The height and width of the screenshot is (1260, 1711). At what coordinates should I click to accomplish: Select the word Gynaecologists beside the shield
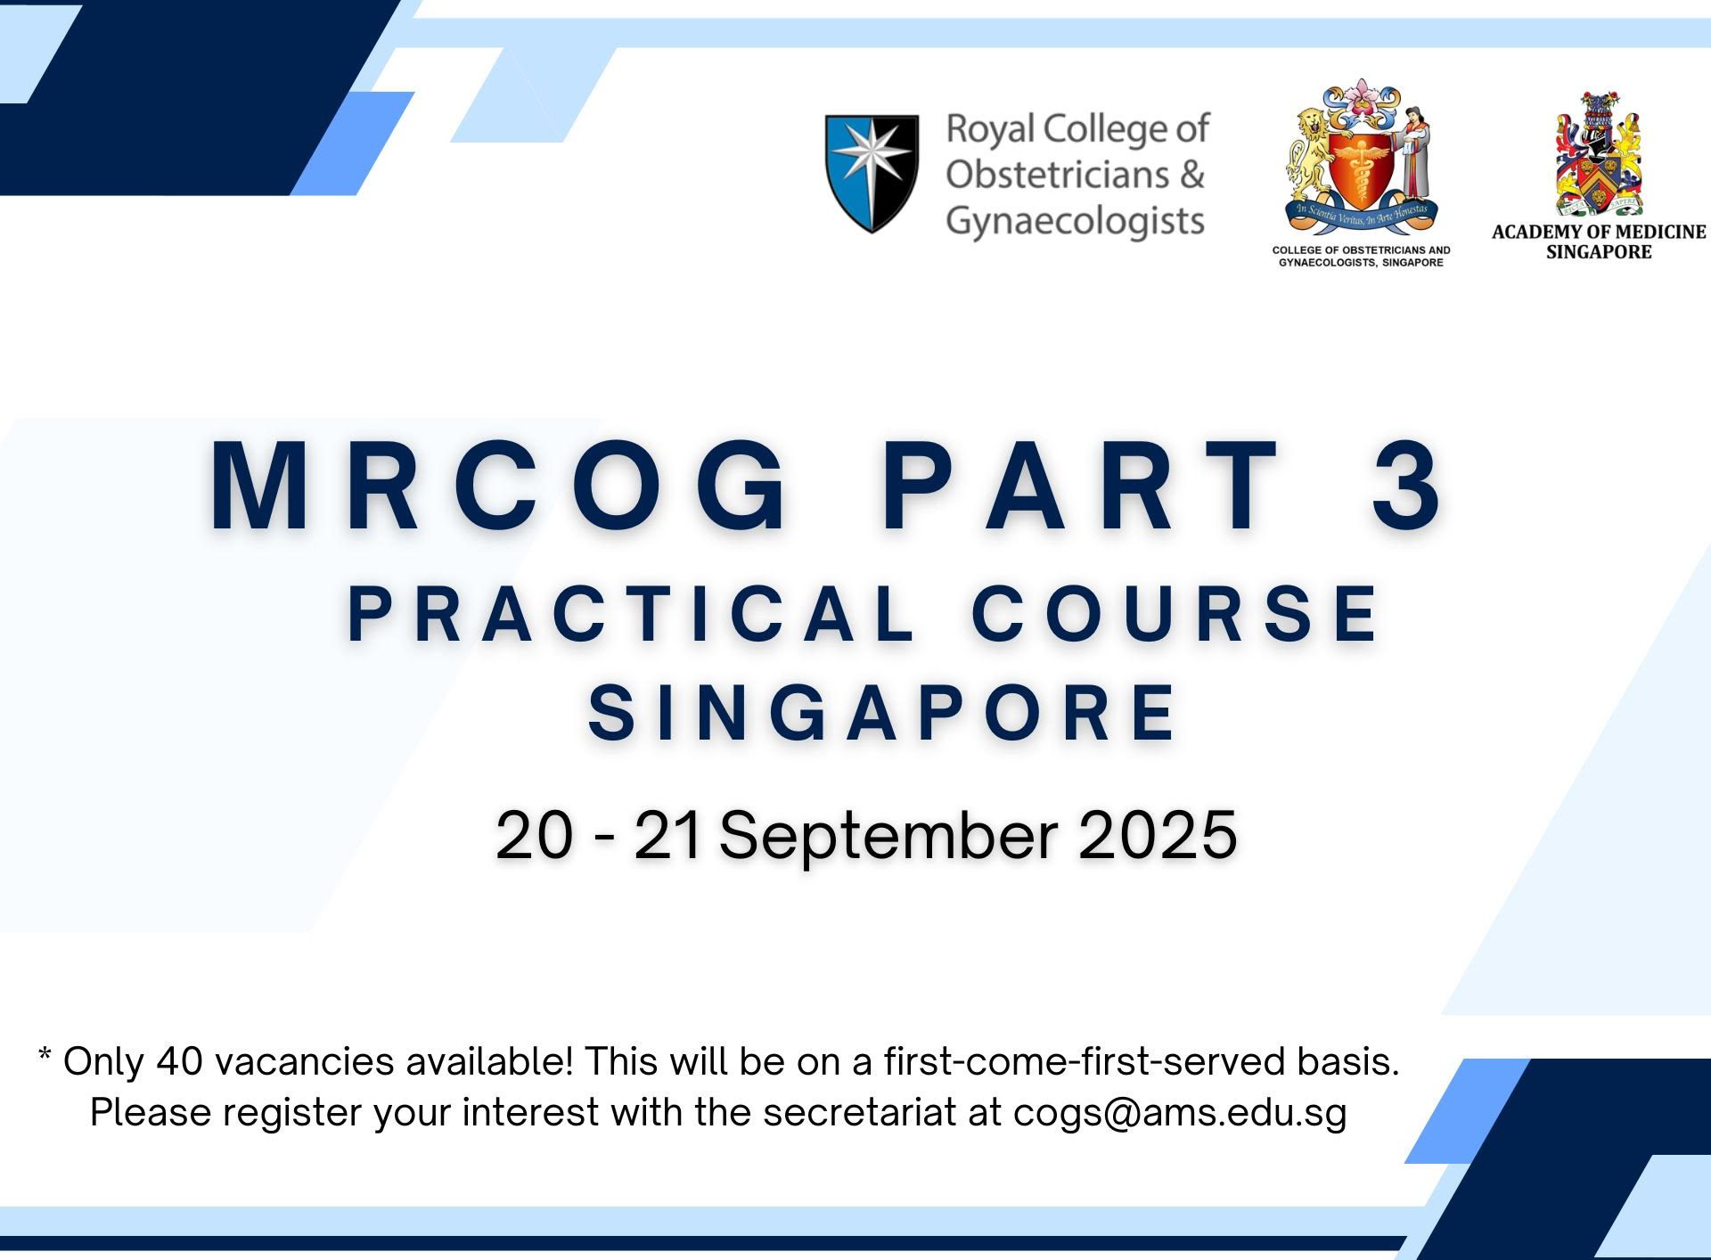click(x=1076, y=221)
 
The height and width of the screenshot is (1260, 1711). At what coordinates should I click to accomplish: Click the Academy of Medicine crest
click(x=1599, y=153)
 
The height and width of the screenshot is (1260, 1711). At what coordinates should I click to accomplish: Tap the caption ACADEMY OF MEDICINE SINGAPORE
click(x=1599, y=241)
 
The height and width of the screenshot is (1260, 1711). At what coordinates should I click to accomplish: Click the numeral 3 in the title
click(x=1407, y=487)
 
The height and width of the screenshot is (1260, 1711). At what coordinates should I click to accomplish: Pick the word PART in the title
click(x=1082, y=487)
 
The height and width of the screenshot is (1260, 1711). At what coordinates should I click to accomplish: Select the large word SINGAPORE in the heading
click(x=882, y=712)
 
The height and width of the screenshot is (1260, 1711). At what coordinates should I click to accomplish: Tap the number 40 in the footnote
click(x=180, y=1061)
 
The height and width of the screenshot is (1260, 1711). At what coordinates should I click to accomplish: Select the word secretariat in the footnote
click(x=859, y=1113)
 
